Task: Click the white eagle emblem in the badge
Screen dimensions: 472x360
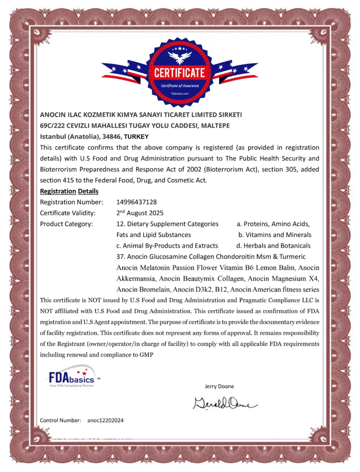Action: pos(179,57)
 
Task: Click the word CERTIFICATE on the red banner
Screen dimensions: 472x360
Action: pos(179,73)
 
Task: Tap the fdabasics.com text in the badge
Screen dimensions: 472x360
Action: pos(179,93)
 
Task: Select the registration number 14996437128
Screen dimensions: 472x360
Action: pos(137,202)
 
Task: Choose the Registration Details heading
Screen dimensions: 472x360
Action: pos(69,191)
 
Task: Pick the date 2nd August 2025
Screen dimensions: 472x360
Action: pos(140,213)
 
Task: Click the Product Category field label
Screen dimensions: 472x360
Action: pos(66,224)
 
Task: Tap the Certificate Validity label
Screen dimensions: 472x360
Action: pos(68,213)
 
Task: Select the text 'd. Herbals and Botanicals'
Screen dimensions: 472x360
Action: pos(273,246)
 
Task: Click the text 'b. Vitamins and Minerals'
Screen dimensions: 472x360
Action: pos(275,235)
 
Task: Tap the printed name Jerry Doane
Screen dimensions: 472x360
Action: pos(219,386)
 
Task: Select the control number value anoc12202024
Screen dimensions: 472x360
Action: pos(105,420)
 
